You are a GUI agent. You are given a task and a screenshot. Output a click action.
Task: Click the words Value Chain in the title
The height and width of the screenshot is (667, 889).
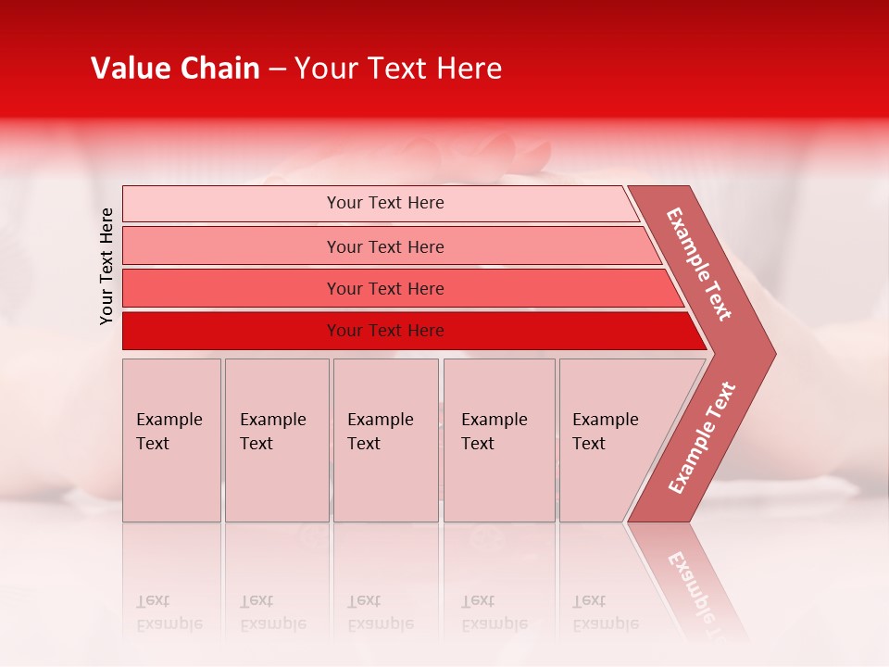coord(175,69)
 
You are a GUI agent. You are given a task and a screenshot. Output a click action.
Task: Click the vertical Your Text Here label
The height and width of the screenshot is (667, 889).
coord(106,266)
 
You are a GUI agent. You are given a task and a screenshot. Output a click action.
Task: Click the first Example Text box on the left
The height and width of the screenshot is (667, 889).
coord(171,440)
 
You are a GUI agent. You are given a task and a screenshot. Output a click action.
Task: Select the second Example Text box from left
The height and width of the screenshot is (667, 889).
coord(277,440)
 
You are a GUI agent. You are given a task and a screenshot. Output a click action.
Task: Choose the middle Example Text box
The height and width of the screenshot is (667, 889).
coord(385,440)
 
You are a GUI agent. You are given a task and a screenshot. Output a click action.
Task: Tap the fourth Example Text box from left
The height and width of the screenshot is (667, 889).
coord(499,440)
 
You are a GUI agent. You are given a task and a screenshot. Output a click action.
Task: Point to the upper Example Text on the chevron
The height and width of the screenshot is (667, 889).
coord(699,264)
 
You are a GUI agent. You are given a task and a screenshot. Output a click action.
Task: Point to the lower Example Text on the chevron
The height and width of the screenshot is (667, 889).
coord(702,437)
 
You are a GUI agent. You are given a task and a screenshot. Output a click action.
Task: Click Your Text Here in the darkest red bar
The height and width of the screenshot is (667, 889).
coord(385,331)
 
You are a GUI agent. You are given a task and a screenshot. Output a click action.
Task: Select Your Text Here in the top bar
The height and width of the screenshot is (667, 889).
coord(385,203)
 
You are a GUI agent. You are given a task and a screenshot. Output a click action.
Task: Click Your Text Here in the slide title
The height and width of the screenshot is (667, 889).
coord(398,69)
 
